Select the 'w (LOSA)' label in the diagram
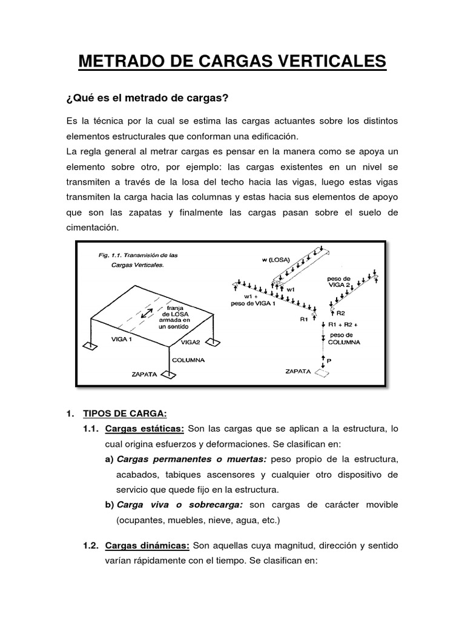tap(275, 260)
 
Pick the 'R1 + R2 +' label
tap(343, 325)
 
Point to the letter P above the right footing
tap(329, 360)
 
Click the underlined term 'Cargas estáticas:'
tap(144, 429)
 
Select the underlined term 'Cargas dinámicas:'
tap(147, 546)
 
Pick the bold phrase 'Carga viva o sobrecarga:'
tap(180, 504)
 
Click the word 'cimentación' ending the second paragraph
tap(93, 228)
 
